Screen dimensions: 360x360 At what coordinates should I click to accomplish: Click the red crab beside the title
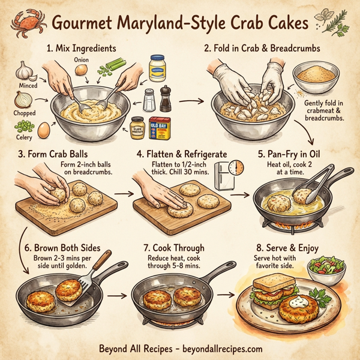(x=27, y=23)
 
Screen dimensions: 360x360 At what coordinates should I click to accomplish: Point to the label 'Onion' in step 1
(x=82, y=60)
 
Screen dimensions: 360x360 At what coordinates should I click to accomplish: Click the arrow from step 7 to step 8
(x=224, y=295)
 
